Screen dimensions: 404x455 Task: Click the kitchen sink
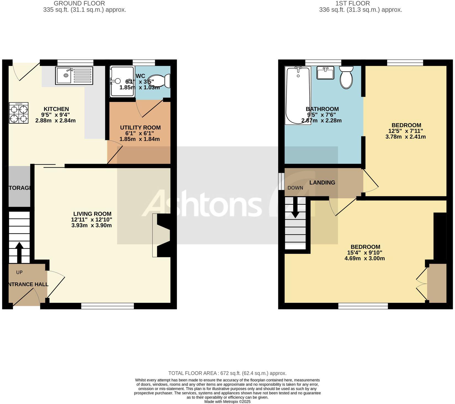pos(74,75)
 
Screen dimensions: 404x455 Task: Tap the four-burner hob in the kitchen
pos(19,113)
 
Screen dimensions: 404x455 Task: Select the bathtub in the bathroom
pos(298,95)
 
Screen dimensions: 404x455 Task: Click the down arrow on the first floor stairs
pos(295,208)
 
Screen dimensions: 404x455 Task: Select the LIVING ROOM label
pos(92,214)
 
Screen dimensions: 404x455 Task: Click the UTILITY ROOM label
pos(140,128)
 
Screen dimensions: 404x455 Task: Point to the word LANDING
pos(322,183)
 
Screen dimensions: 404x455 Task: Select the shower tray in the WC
pos(122,81)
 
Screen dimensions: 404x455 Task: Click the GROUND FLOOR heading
pos(79,4)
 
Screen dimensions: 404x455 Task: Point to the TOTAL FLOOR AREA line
pos(227,373)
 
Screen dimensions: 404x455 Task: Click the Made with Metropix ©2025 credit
pos(227,402)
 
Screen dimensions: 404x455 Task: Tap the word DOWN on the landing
pos(295,188)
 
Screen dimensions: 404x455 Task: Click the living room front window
pos(107,306)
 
